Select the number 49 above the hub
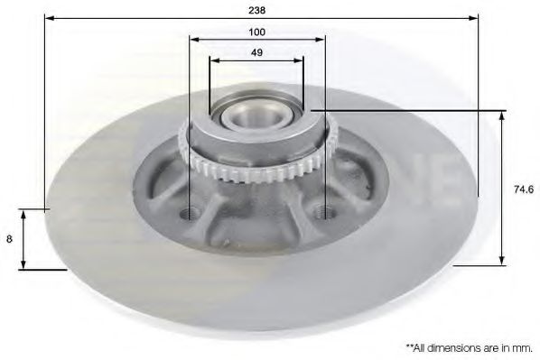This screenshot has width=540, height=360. (256, 52)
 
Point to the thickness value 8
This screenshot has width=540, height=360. (9, 239)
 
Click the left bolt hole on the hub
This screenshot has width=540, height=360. (189, 215)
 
